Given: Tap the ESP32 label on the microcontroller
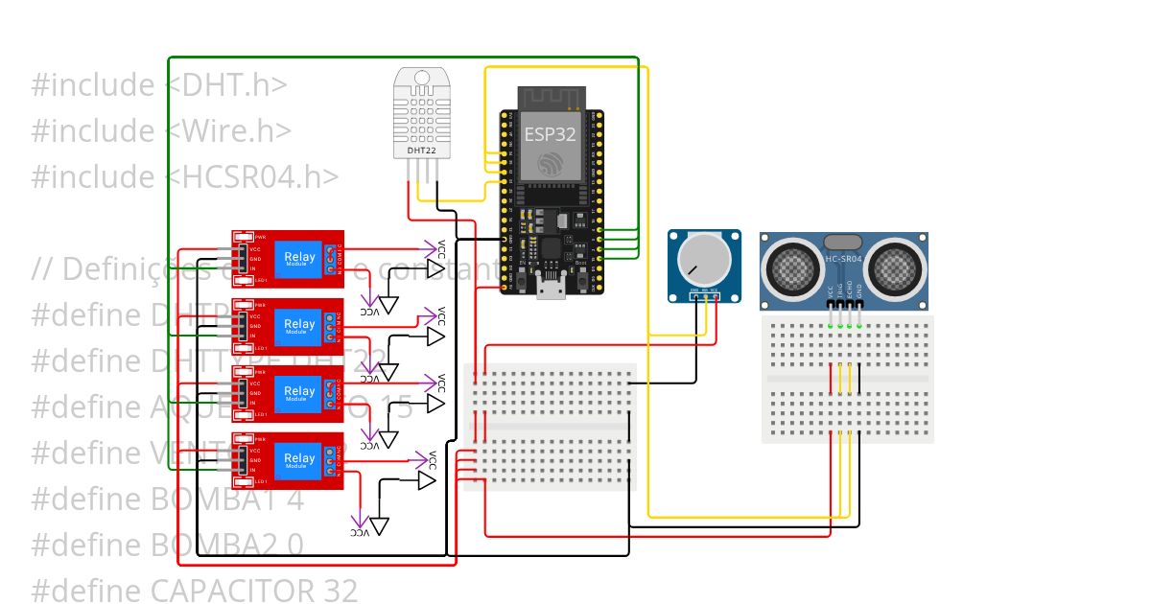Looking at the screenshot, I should tap(550, 134).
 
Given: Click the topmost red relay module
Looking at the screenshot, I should tap(288, 258).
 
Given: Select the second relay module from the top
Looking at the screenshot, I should tap(288, 326).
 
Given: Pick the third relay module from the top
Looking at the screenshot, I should tap(288, 393).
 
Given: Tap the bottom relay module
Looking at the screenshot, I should tap(288, 461).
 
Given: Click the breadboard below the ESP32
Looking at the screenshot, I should tap(550, 427).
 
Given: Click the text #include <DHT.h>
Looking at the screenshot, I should tap(159, 85).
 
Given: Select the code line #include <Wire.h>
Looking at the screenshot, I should tap(161, 131).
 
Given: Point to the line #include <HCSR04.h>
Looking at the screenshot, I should tap(184, 177).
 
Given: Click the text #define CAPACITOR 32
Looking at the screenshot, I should tap(194, 590).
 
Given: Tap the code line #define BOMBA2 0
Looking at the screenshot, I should tap(167, 545).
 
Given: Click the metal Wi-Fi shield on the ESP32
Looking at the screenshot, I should tap(550, 144).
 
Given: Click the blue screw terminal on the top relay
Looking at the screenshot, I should tap(330, 257).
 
